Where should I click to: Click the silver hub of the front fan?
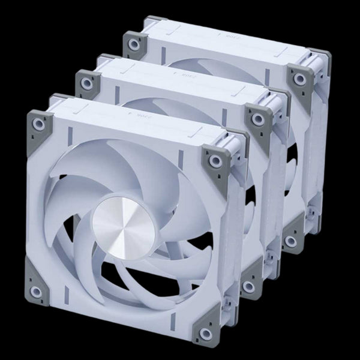pyautogui.click(x=123, y=226)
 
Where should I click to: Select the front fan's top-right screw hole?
pyautogui.click(x=214, y=161)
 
